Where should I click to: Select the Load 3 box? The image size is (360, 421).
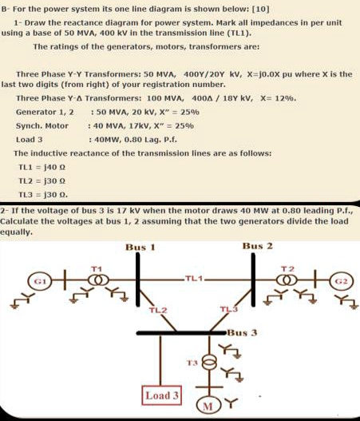click(162, 395)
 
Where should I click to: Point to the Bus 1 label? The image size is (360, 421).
click(140, 247)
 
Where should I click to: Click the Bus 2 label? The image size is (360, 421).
click(257, 245)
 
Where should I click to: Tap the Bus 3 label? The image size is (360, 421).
click(242, 330)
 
